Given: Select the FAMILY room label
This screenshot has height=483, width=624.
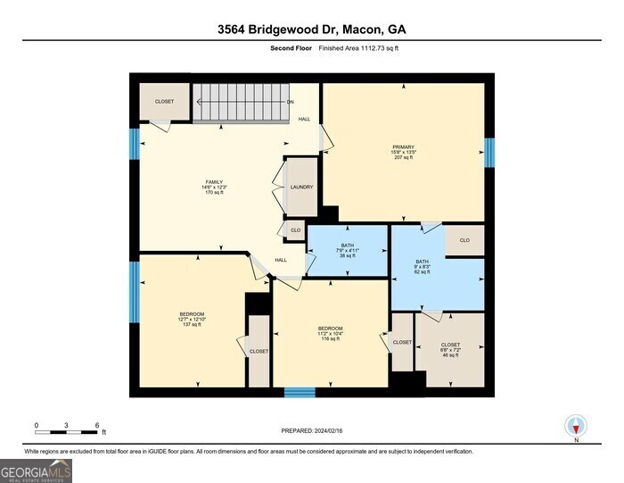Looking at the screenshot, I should click(x=213, y=187).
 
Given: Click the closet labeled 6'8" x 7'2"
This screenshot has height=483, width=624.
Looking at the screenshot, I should click(x=450, y=349).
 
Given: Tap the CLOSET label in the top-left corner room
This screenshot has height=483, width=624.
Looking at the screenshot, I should click(x=164, y=102).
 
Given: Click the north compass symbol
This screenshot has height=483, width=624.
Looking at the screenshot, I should click(x=576, y=427).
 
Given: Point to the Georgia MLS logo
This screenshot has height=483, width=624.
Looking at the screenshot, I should click(x=36, y=470).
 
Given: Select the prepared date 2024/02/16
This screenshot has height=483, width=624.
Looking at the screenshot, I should click(x=311, y=429).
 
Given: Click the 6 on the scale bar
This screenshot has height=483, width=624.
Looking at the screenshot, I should click(x=96, y=425).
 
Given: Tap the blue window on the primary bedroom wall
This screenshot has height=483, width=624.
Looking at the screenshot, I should click(x=489, y=152).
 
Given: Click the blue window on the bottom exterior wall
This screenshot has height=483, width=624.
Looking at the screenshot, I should click(x=300, y=392).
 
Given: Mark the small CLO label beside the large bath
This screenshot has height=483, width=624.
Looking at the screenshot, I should click(x=464, y=240).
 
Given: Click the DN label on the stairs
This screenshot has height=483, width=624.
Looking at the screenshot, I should click(x=290, y=102).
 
